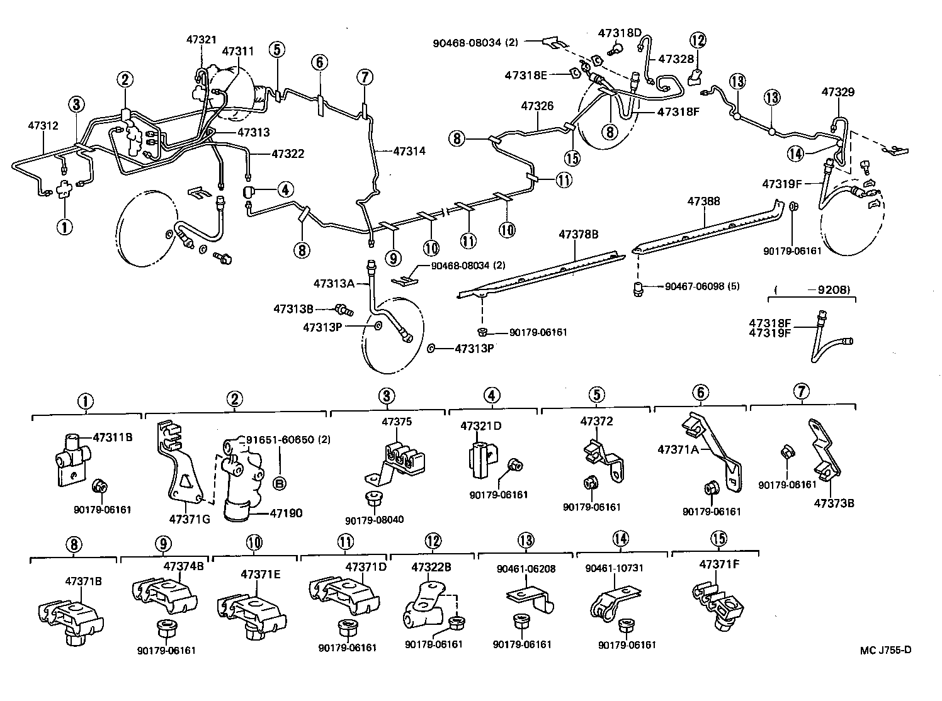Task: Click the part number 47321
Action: coord(201,39)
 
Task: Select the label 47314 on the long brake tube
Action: coord(409,151)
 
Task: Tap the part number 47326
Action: coord(537,106)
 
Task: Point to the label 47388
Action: coord(703,201)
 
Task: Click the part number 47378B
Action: coord(578,234)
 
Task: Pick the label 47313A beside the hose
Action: coord(334,283)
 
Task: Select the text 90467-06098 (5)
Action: coord(702,286)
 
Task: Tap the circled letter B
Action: coord(280,483)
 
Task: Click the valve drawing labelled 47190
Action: coord(238,478)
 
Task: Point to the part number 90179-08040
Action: coord(374,520)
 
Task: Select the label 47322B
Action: coord(431,567)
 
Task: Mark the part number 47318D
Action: coord(620,33)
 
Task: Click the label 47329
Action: coord(837,92)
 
